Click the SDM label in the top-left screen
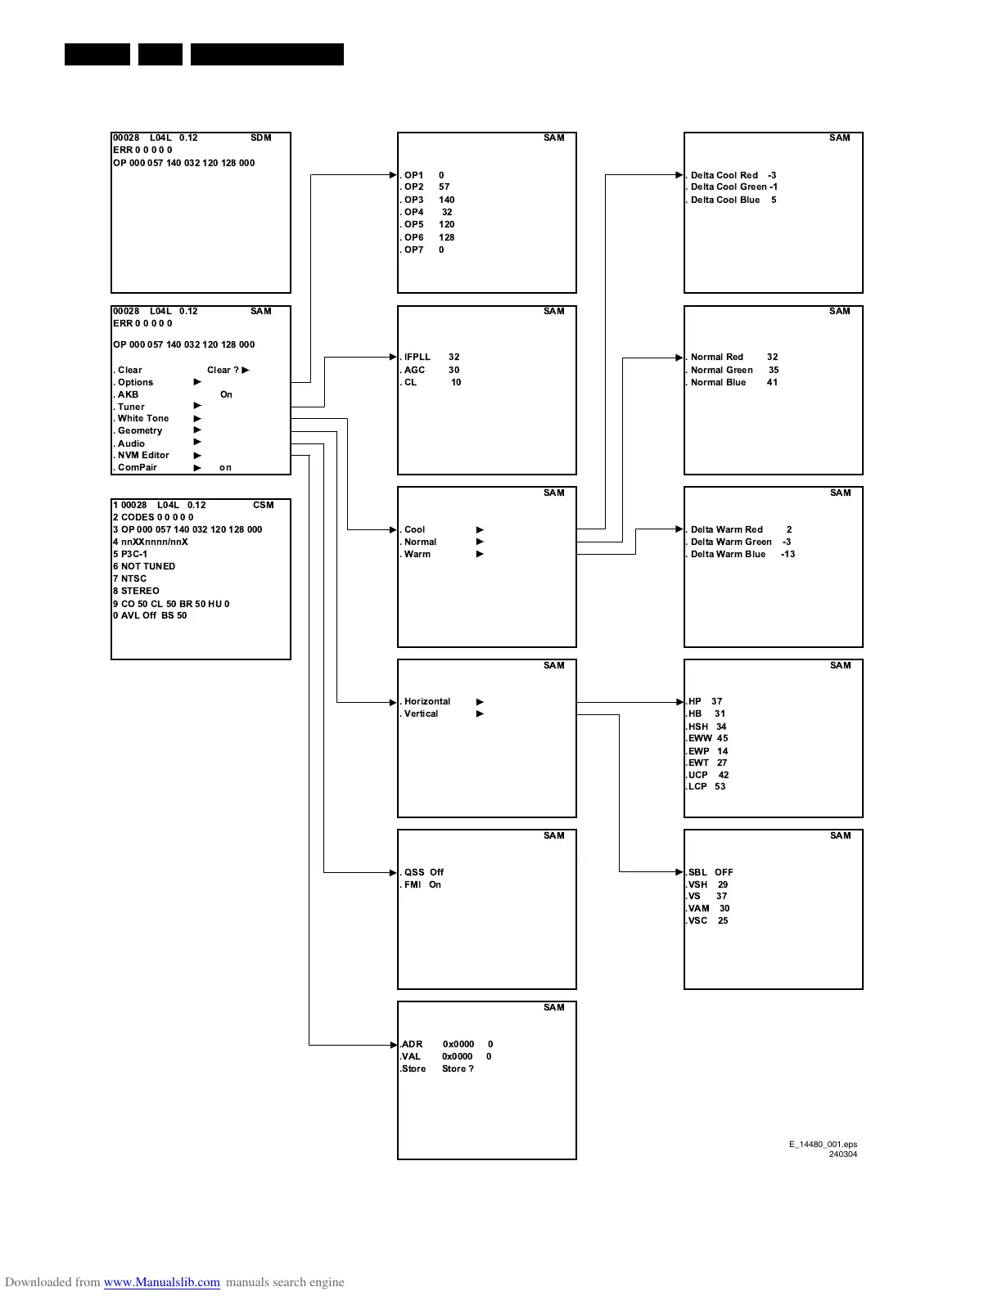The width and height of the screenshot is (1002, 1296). (x=260, y=138)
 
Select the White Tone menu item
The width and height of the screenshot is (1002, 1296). (x=142, y=419)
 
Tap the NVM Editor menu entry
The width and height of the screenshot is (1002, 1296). (x=142, y=456)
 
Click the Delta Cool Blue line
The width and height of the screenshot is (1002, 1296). (x=732, y=200)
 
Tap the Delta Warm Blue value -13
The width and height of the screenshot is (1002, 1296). (x=788, y=555)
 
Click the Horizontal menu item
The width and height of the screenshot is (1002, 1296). (x=427, y=702)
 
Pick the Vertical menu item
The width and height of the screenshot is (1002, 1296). (x=421, y=714)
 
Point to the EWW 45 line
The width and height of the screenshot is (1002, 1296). (x=707, y=739)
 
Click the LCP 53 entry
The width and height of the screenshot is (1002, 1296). (x=706, y=787)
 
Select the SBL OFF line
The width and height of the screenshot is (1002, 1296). (x=710, y=873)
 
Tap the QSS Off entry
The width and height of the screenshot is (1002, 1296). (x=423, y=873)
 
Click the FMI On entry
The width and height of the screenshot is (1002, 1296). (x=422, y=885)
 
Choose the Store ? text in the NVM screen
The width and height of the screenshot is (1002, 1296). (x=458, y=1069)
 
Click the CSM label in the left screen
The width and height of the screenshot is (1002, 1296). (x=263, y=506)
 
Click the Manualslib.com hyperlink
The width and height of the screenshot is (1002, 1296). (x=161, y=1282)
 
